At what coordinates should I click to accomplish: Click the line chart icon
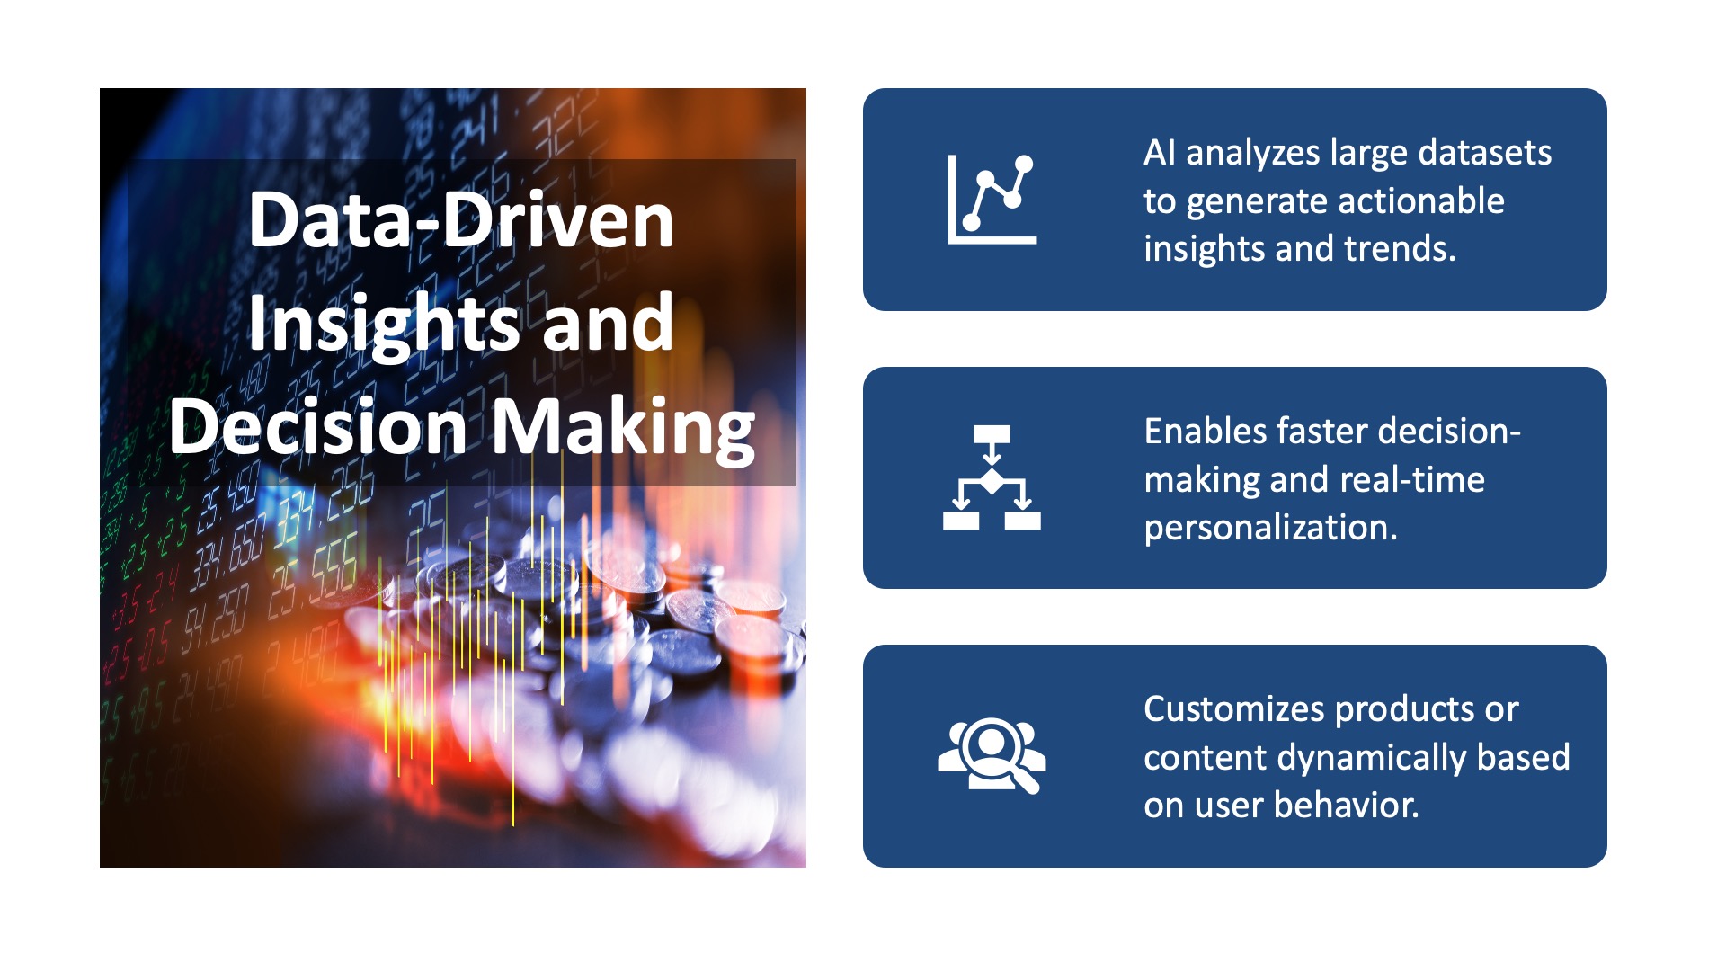pos(992,199)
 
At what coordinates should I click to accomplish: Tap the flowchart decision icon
pos(992,477)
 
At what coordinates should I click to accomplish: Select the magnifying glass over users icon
pos(992,755)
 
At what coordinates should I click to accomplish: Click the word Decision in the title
pos(317,426)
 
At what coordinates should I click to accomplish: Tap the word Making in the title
pos(623,428)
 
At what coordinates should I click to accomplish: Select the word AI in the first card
pos(1159,153)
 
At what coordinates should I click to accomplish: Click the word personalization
pos(1270,528)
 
